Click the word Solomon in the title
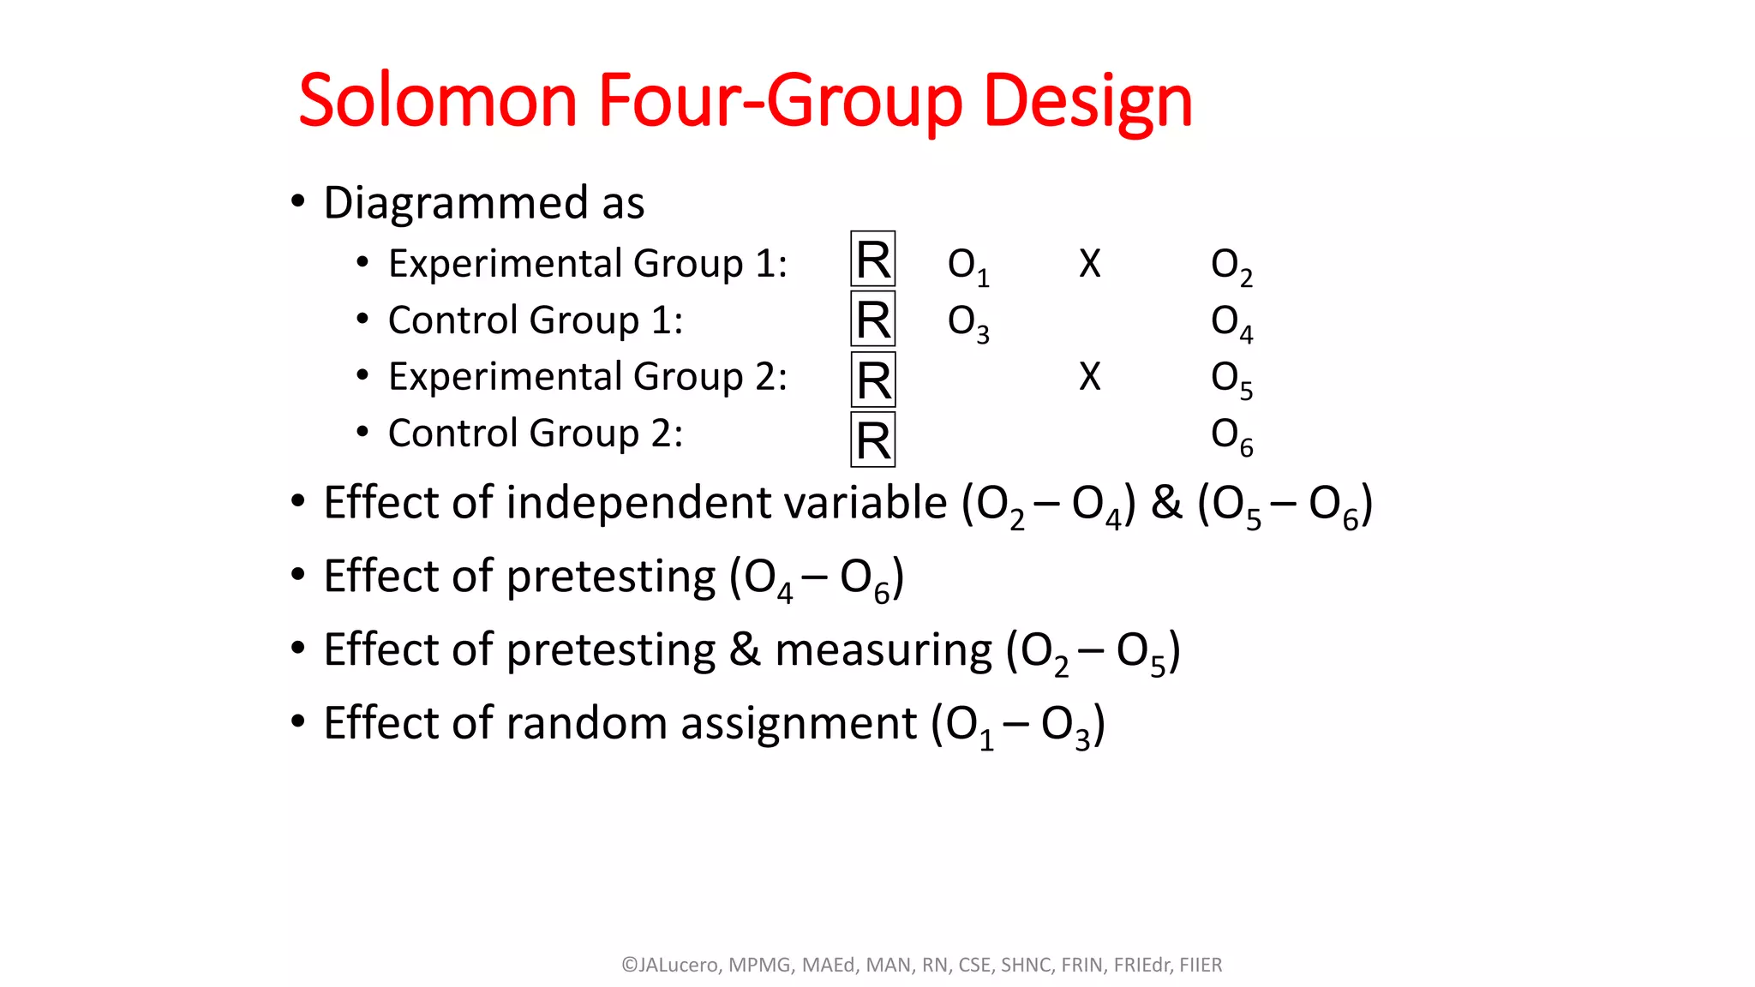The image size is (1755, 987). (438, 101)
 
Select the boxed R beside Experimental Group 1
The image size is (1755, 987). (872, 259)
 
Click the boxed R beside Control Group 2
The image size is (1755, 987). (872, 440)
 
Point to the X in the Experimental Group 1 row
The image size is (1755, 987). (1089, 263)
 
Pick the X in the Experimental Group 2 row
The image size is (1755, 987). (1089, 376)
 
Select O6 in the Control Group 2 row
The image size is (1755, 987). (1231, 436)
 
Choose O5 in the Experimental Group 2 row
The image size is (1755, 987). (1231, 379)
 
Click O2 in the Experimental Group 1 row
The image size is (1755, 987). (1231, 266)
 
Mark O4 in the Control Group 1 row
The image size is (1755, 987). (1231, 322)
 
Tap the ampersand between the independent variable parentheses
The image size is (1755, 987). (1165, 502)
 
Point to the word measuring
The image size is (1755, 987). (883, 651)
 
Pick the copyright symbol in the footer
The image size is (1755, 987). (630, 965)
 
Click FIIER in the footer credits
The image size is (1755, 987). (1201, 965)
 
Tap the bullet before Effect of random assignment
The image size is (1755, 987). (297, 721)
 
